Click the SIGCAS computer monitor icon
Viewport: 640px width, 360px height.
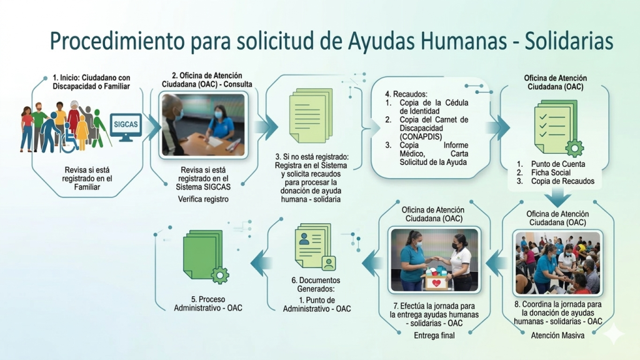click(126, 127)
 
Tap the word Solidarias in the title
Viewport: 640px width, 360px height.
click(569, 41)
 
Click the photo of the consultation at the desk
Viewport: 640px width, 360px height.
click(203, 124)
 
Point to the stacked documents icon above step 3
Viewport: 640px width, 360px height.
click(311, 116)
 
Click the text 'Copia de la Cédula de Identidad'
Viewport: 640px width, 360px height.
click(434, 107)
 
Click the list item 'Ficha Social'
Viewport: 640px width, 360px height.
click(551, 172)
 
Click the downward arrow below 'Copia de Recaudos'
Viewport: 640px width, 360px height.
click(558, 197)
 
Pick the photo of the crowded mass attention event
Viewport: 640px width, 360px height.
click(557, 263)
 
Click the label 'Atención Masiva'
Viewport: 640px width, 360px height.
click(557, 336)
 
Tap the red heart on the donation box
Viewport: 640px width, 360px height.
click(436, 283)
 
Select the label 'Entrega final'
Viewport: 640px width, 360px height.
click(434, 336)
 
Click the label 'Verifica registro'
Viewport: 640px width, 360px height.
click(203, 199)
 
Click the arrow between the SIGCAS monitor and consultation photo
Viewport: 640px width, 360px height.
click(152, 127)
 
